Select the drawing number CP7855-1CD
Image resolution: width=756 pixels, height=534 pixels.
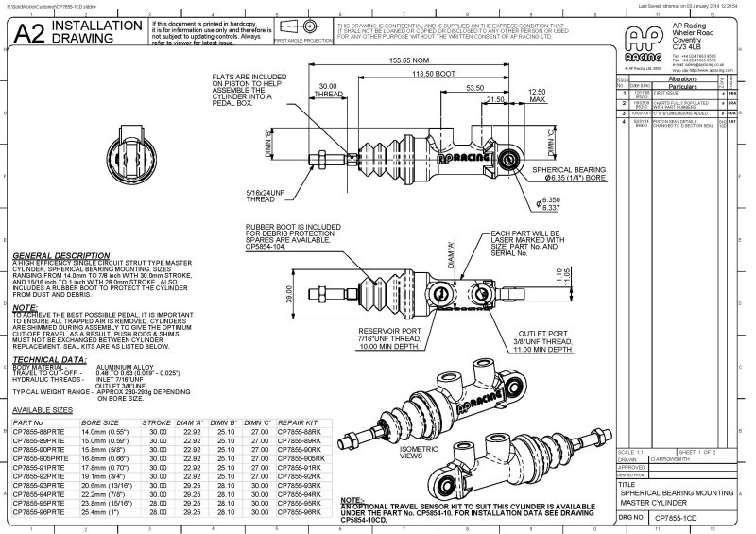679,519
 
